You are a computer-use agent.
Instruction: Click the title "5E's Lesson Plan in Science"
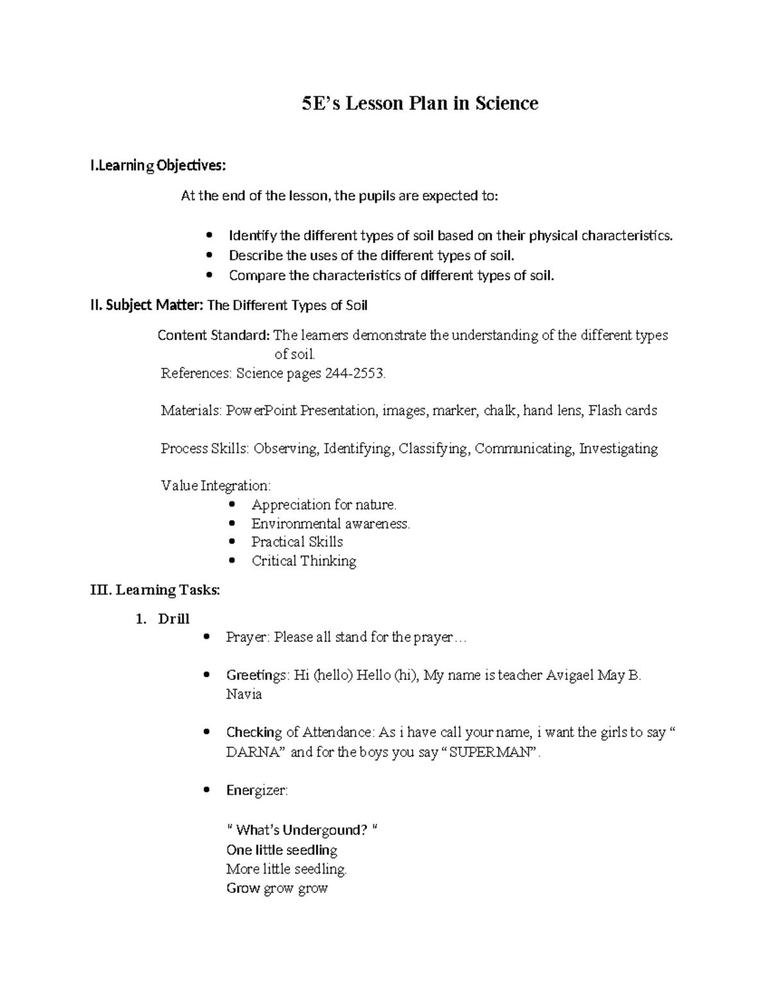[x=420, y=103]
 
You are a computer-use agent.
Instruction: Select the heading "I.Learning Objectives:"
[x=158, y=166]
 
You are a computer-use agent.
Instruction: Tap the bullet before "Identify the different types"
[x=209, y=236]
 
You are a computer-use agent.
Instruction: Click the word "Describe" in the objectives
[x=255, y=256]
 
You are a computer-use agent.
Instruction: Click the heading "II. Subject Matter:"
[x=146, y=306]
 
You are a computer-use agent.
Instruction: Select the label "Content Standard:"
[x=214, y=335]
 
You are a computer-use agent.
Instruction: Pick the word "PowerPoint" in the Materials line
[x=261, y=410]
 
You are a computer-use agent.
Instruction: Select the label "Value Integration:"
[x=216, y=485]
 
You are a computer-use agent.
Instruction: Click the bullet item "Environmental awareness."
[x=330, y=523]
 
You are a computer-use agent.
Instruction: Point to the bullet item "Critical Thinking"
[x=304, y=560]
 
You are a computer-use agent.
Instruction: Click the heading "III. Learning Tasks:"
[x=155, y=590]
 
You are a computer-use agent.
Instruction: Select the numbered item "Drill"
[x=173, y=619]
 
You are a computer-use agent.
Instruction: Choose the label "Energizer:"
[x=257, y=790]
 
